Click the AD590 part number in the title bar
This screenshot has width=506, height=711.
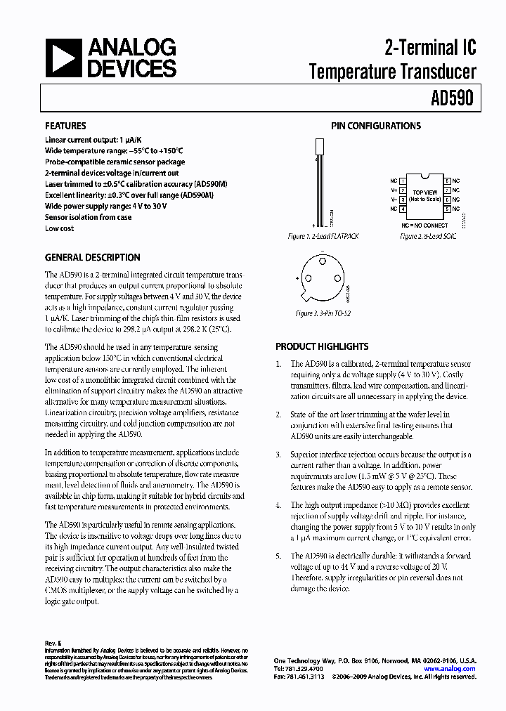[x=455, y=98]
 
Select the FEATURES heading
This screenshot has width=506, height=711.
[x=65, y=126]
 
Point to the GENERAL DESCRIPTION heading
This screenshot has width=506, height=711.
[x=92, y=258]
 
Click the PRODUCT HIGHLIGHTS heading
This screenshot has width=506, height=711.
[x=322, y=346]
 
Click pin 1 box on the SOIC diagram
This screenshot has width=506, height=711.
[x=403, y=181]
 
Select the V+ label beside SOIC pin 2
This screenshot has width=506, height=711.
[x=394, y=190]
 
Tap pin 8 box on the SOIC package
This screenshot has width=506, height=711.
[x=447, y=181]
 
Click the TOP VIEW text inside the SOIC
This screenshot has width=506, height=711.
[x=424, y=192]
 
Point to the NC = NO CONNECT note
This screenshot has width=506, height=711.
[x=424, y=225]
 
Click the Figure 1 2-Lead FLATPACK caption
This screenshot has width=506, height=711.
[x=323, y=237]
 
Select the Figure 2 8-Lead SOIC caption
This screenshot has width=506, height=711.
[x=428, y=237]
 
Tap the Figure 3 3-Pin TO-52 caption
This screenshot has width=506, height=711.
[x=323, y=313]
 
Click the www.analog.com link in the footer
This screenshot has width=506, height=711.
[x=450, y=669]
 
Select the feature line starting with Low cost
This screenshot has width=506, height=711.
[x=60, y=228]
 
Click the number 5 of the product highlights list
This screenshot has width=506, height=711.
[x=278, y=556]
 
